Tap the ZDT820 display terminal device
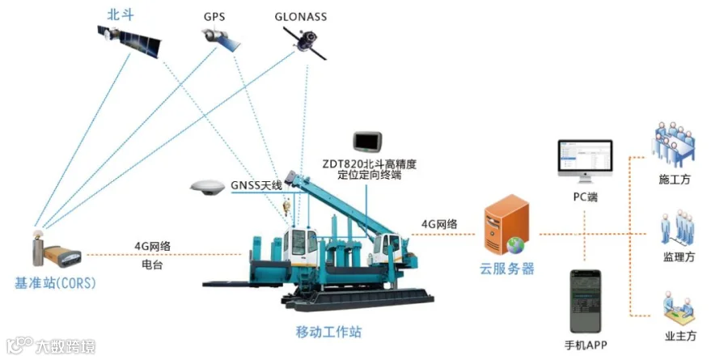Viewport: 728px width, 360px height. coord(369,142)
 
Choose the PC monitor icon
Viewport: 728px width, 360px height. coord(584,163)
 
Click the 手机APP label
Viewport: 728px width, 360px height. coord(585,345)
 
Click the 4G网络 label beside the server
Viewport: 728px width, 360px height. coord(439,223)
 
